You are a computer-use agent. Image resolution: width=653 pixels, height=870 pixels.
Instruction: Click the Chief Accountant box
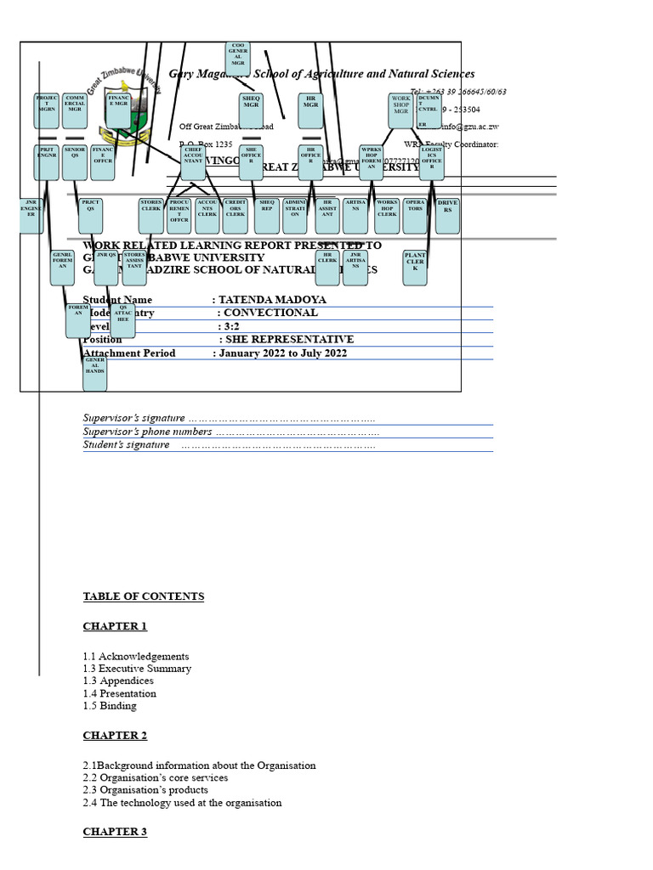pyautogui.click(x=193, y=161)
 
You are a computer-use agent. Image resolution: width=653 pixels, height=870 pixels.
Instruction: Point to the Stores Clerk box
pyautogui.click(x=151, y=216)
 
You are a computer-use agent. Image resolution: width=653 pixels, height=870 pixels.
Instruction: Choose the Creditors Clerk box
pyautogui.click(x=236, y=216)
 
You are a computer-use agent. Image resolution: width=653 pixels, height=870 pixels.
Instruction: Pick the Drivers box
pyautogui.click(x=447, y=216)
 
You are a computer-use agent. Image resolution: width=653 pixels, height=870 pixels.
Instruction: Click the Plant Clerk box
pyautogui.click(x=415, y=267)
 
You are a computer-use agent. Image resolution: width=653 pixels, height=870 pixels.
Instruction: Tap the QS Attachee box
pyautogui.click(x=123, y=319)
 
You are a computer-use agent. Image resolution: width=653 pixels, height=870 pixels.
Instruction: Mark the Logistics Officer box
pyautogui.click(x=432, y=161)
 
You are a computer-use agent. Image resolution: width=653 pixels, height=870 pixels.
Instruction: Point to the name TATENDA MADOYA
pyautogui.click(x=272, y=300)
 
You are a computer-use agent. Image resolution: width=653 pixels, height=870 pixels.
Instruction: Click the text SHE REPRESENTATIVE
pyautogui.click(x=289, y=340)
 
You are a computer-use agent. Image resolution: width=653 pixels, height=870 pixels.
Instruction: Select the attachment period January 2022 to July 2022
pyautogui.click(x=282, y=353)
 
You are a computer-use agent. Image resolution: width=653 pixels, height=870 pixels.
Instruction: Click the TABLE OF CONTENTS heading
pyautogui.click(x=144, y=596)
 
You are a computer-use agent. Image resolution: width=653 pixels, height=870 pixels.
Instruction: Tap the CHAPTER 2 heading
pyautogui.click(x=115, y=736)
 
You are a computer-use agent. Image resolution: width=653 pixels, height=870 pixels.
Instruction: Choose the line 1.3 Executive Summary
pyautogui.click(x=137, y=669)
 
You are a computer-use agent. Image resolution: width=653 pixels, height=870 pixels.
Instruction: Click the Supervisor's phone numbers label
pyautogui.click(x=147, y=432)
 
